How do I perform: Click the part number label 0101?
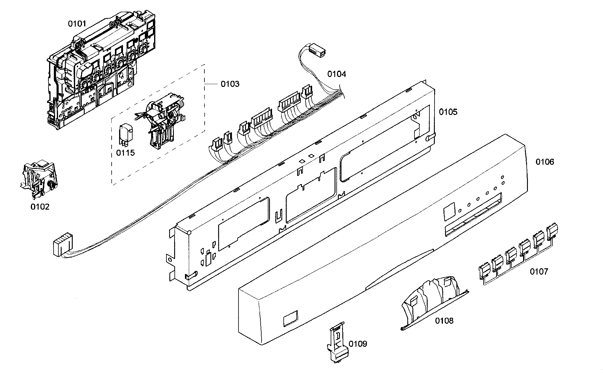click(77, 24)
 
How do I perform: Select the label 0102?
click(40, 207)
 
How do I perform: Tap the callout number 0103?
click(230, 84)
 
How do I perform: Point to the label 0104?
click(336, 74)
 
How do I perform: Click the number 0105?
click(448, 112)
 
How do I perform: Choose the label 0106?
click(545, 162)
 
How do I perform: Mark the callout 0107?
click(539, 272)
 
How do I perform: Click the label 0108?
click(444, 321)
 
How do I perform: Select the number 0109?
click(358, 344)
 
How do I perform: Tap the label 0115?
click(125, 153)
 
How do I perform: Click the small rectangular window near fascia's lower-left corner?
click(290, 318)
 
